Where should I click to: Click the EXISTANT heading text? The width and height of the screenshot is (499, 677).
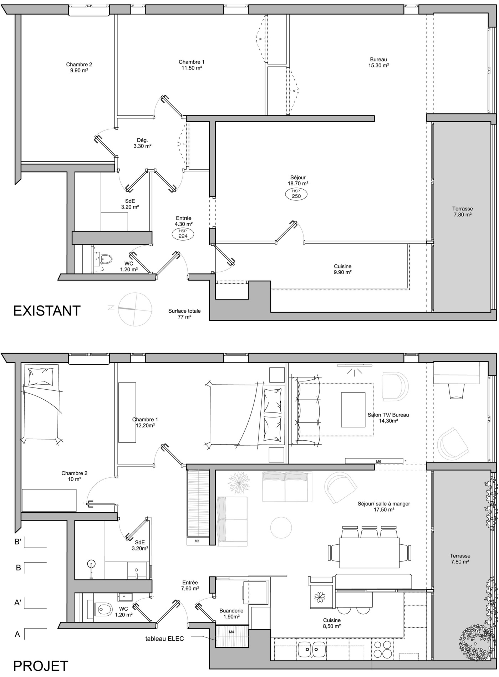point(47,311)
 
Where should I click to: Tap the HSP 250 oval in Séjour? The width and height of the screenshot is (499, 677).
point(296,194)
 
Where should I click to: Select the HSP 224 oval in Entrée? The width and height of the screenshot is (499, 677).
point(183,234)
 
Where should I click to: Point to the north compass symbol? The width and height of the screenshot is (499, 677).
point(135,309)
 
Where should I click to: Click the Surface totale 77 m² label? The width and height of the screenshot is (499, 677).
point(184,314)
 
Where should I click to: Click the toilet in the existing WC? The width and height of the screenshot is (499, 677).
point(106,258)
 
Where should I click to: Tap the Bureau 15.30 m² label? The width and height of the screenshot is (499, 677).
point(378,62)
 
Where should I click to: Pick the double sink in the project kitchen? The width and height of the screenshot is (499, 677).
point(312,649)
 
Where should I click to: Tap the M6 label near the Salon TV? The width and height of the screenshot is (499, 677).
point(378,461)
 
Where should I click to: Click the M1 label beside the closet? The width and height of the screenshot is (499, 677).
point(197,541)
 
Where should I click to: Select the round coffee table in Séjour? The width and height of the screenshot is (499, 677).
point(281,527)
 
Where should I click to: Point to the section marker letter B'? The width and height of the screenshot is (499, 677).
point(17,542)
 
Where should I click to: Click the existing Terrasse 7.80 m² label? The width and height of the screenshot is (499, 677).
point(462,212)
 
